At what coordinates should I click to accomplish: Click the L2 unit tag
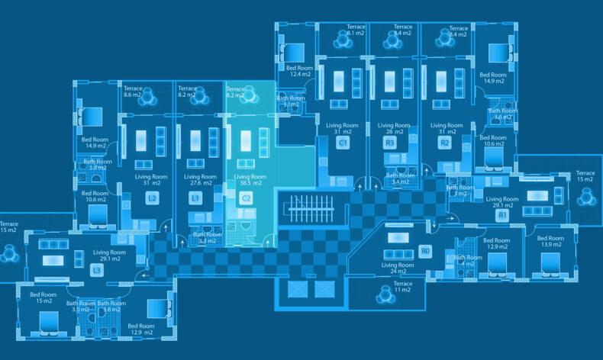tap(153, 198)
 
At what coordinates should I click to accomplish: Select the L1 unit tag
tap(196, 198)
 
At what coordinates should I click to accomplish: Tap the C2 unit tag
tap(246, 198)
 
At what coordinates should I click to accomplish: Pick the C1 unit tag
tap(343, 143)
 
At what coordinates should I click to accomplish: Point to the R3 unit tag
tap(389, 143)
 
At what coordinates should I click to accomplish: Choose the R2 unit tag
tap(445, 143)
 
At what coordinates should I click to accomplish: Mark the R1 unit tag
tap(502, 216)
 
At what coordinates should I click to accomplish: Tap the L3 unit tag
tap(97, 270)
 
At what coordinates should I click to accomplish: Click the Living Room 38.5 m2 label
tap(250, 180)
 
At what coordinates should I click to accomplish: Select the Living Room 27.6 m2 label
tap(201, 180)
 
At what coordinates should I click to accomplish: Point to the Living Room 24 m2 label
tap(398, 268)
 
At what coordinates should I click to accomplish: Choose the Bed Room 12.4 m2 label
tap(300, 71)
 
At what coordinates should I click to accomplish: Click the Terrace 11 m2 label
tap(402, 287)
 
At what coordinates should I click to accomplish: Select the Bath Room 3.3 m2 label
tap(208, 237)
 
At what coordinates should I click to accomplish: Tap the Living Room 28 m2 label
tap(394, 129)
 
